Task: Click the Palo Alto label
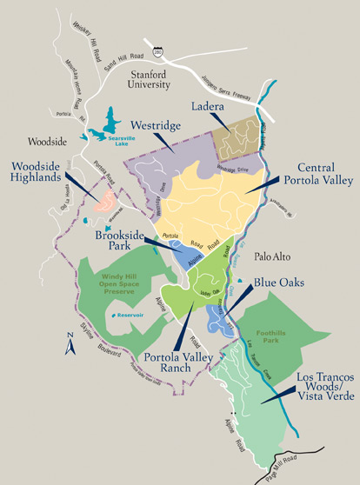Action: click(277, 257)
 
